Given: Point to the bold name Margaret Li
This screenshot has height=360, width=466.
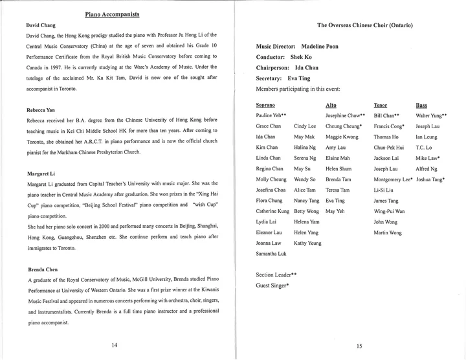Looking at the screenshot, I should pyautogui.click(x=41, y=174).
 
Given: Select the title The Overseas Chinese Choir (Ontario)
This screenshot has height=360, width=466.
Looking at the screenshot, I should pyautogui.click(x=366, y=25).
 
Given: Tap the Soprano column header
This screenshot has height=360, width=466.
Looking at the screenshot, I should pyautogui.click(x=267, y=104).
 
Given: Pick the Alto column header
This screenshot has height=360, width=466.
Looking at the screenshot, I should pyautogui.click(x=331, y=104).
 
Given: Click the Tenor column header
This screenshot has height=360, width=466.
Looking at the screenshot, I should pyautogui.click(x=381, y=104).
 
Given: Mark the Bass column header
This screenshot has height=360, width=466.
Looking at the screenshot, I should pyautogui.click(x=421, y=104).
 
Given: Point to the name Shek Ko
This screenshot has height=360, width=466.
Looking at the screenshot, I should pyautogui.click(x=308, y=57).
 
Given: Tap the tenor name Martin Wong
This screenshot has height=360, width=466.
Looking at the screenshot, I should pyautogui.click(x=388, y=232).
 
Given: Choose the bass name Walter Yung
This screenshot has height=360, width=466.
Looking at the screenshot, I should pyautogui.click(x=431, y=115).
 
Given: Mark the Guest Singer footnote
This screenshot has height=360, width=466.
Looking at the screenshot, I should pyautogui.click(x=272, y=285).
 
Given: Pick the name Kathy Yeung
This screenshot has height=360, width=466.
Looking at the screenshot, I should pyautogui.click(x=307, y=243).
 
